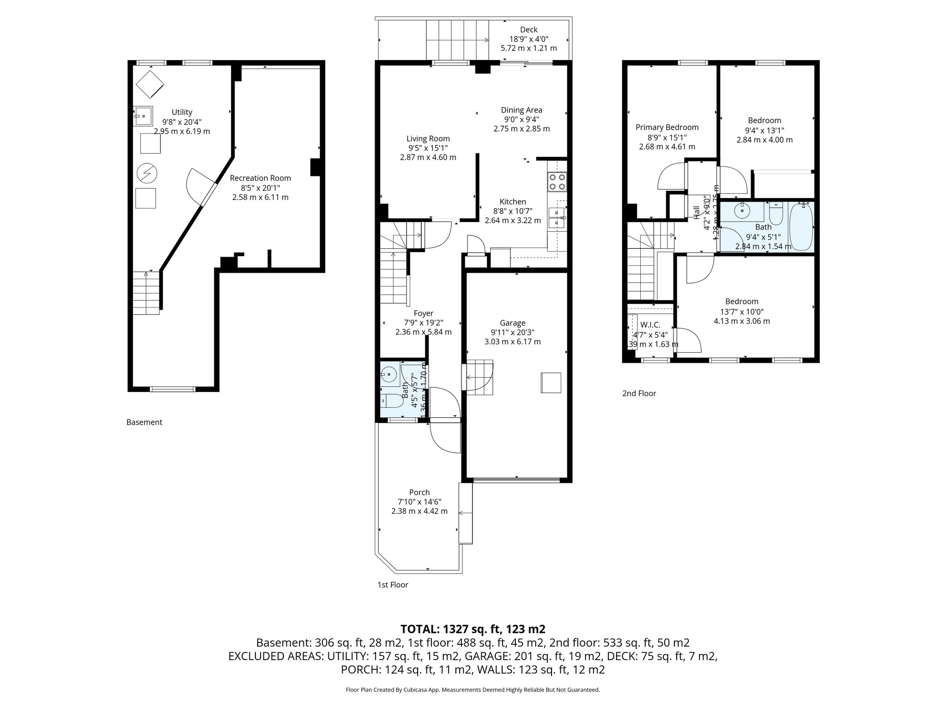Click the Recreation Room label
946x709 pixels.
pos(261,178)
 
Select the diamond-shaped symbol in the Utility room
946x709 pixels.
pos(150,84)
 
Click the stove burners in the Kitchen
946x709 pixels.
pos(557,181)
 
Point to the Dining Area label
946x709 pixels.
pos(522,110)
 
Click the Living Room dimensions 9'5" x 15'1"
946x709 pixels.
pos(428,148)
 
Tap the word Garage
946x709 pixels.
pos(512,323)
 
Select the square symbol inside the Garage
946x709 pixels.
pos(551,383)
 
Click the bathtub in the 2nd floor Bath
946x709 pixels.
pos(801,226)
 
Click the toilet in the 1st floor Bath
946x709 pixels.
pos(391,400)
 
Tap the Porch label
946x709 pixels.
pos(419,493)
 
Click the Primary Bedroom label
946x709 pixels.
pos(667,127)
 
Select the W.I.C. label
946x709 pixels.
pos(650,325)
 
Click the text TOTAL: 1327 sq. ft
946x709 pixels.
pos(473,629)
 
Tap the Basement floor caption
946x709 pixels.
pos(144,422)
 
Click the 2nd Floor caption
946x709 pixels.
pos(639,393)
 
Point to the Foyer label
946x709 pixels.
pos(423,313)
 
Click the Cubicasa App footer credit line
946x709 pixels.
pos(473,690)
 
